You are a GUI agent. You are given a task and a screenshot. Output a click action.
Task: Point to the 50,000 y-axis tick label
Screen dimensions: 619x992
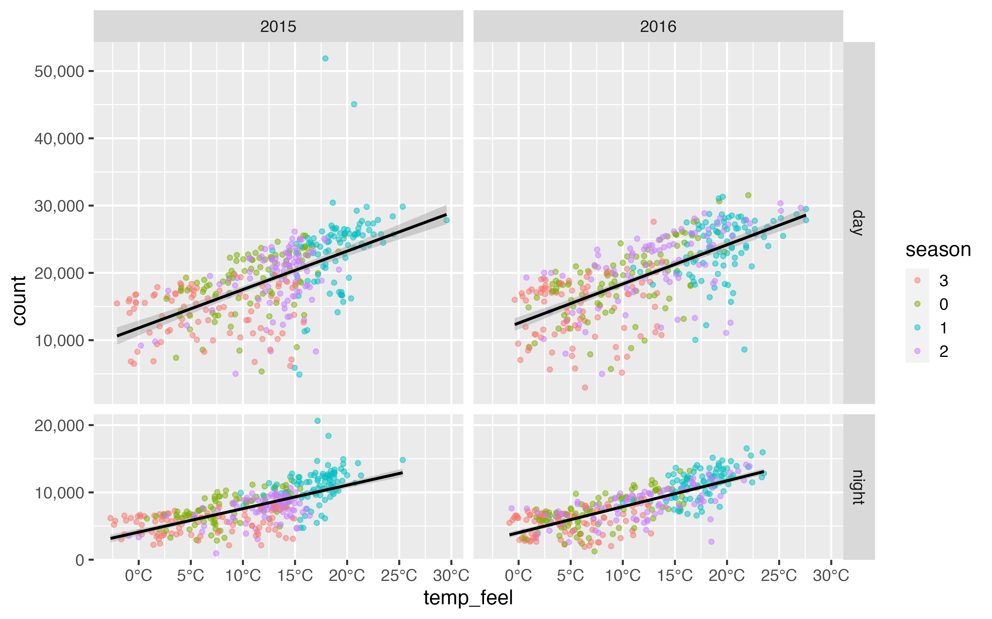tap(59, 72)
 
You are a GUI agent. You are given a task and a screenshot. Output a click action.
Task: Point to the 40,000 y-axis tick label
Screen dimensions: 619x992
tap(59, 139)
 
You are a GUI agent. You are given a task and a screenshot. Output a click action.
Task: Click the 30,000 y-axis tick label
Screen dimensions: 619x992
tap(59, 206)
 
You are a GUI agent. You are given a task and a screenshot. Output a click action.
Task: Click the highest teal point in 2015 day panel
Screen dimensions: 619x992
tap(325, 58)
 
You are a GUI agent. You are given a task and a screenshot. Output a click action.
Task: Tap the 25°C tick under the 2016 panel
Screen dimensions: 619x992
tap(779, 576)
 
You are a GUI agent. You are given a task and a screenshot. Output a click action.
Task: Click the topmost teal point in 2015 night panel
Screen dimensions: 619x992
tap(317, 421)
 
